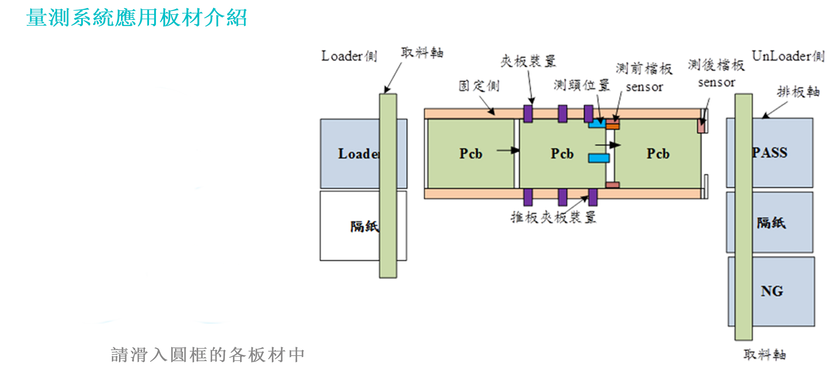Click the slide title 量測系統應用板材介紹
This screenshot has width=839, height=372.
point(136,18)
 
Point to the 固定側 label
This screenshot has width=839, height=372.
point(479,86)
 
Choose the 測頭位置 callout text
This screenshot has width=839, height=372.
point(582,85)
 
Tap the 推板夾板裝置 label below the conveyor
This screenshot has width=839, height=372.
point(553,217)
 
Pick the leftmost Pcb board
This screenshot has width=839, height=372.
point(471,153)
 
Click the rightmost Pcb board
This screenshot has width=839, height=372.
point(658,153)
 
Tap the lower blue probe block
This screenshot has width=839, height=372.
point(599,158)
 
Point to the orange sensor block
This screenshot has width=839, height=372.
point(613,127)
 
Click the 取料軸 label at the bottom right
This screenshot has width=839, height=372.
point(765,355)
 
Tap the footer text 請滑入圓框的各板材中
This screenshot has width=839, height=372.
point(208,355)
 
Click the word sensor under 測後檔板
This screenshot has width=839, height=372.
point(716,83)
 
